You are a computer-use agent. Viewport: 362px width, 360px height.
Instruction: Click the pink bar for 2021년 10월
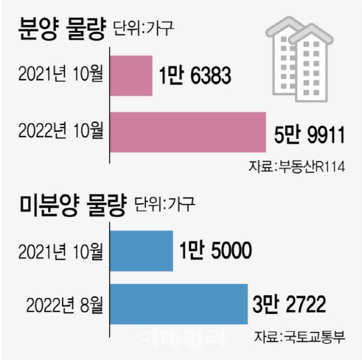click(x=131, y=76)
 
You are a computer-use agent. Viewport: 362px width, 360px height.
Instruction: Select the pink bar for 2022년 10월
click(x=187, y=132)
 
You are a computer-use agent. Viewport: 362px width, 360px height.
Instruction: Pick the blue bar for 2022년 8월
click(x=178, y=304)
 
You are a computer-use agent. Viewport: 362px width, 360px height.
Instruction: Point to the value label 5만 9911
click(x=307, y=135)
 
